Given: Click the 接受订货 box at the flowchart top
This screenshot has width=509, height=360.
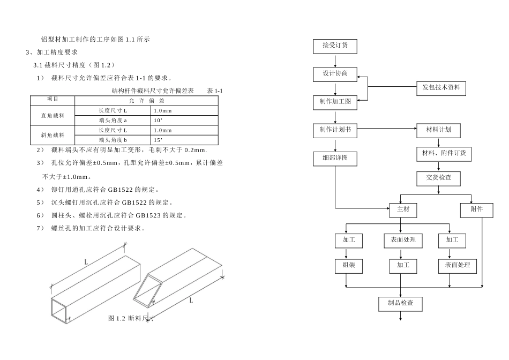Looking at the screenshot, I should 335,46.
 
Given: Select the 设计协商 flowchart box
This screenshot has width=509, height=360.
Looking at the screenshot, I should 335,74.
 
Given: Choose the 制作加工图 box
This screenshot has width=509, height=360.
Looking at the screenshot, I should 335,102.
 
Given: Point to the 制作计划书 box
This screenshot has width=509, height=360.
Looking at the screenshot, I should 335,130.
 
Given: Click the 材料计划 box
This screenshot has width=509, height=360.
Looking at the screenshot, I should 438,130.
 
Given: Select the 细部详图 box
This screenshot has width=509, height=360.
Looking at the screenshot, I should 335,159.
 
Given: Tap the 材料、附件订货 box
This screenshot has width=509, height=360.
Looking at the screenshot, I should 444,154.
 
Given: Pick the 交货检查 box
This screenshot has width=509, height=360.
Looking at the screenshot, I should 438,178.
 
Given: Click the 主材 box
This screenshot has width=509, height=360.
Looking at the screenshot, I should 403,210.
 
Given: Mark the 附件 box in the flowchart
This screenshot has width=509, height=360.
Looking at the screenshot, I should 476,210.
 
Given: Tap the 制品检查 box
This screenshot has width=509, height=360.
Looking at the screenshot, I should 400,304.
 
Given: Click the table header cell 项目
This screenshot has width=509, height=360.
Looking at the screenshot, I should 53,100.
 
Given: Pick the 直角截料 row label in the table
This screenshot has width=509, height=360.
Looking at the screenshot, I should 53,116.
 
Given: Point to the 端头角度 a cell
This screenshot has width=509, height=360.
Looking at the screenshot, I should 113,121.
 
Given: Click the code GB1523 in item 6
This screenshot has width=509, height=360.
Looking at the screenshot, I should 148,215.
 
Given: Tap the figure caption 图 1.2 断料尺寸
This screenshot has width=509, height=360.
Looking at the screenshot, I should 131,318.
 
